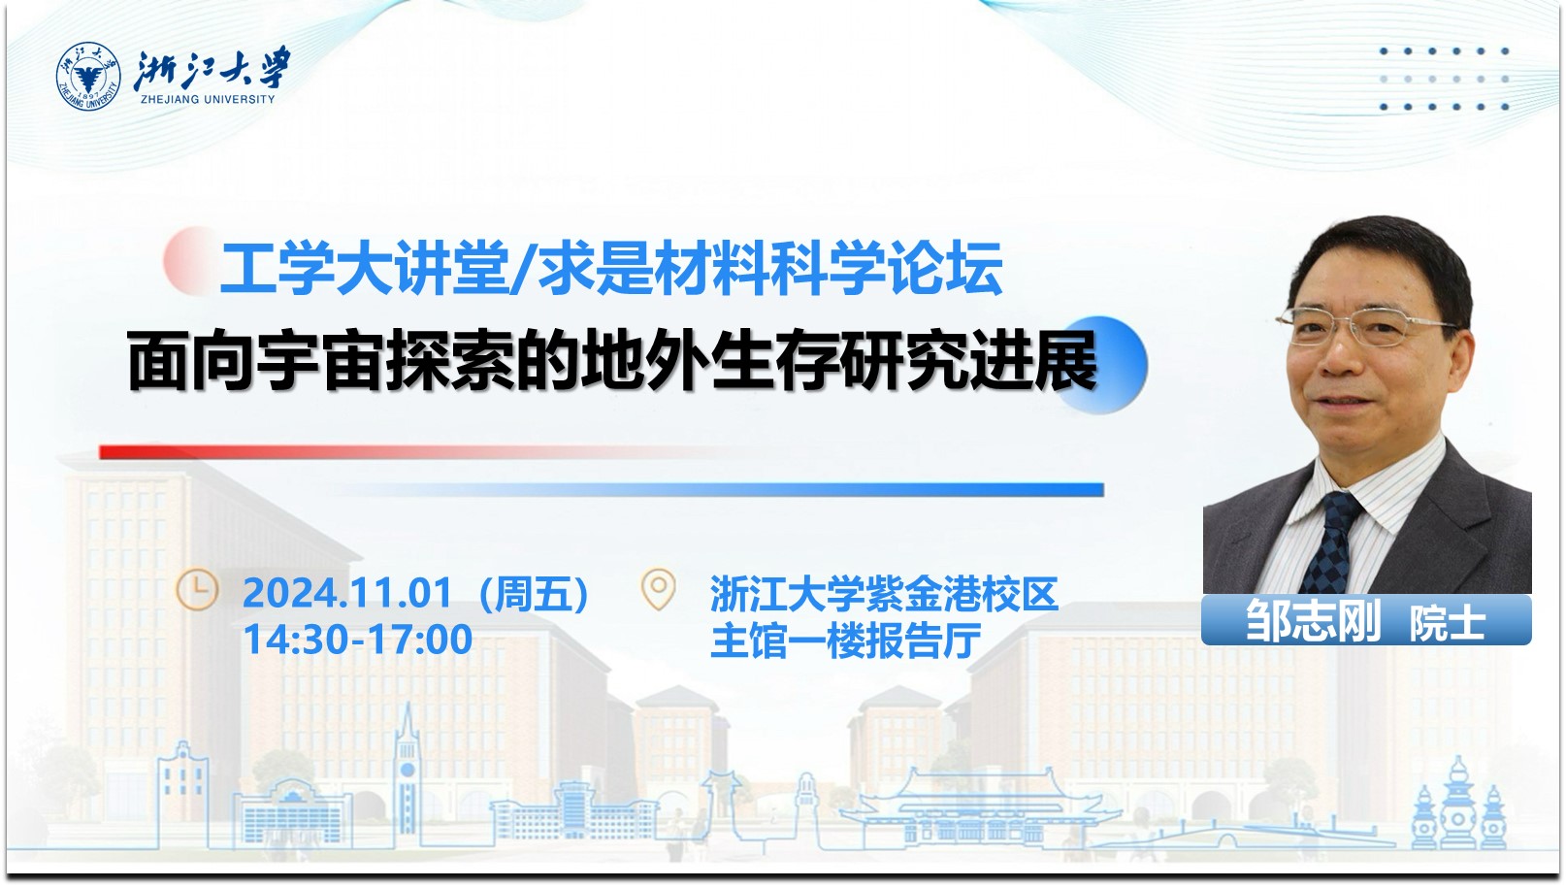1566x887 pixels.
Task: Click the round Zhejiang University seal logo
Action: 88,77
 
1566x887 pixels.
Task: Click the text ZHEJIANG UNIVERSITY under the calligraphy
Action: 208,99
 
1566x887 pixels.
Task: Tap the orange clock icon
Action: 196,591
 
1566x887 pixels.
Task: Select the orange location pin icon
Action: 658,589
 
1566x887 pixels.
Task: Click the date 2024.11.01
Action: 347,593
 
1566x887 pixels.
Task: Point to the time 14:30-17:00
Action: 357,640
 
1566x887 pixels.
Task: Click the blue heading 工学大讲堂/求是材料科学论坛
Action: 611,267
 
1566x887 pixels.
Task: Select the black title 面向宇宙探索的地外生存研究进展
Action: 612,361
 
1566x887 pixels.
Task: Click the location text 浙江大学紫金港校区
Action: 884,593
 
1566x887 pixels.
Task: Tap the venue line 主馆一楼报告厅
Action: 845,641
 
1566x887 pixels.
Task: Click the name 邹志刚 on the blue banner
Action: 1313,620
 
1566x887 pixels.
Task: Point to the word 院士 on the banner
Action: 1447,623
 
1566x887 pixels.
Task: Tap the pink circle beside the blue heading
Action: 190,260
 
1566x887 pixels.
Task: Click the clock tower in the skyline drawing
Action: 407,772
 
